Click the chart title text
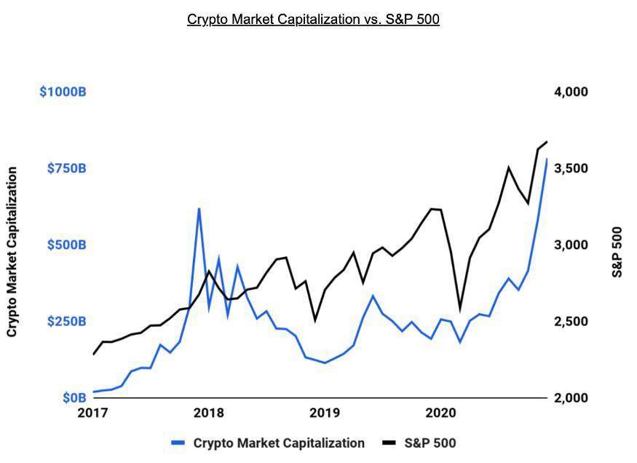click(313, 19)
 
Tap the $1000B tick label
click(63, 92)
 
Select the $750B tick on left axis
click(66, 168)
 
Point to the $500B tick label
click(66, 245)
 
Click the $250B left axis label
click(66, 321)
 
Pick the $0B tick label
click(74, 398)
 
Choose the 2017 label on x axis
click(93, 413)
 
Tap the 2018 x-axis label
click(209, 413)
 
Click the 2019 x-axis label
click(325, 413)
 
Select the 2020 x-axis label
click(440, 413)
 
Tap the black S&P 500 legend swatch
click(389, 443)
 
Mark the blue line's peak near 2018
click(199, 209)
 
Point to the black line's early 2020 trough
click(459, 309)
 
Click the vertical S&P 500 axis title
click(617, 252)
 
